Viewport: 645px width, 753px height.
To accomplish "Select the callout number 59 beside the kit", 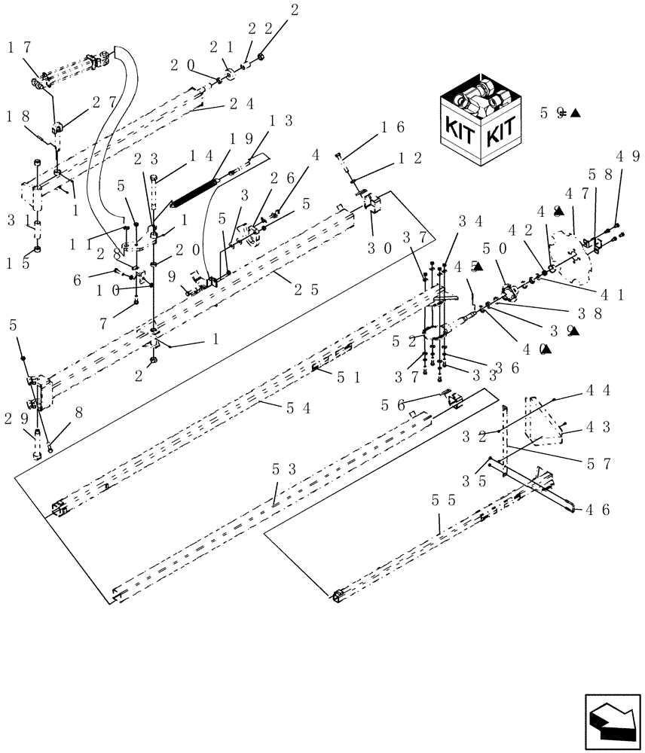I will coord(552,114).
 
